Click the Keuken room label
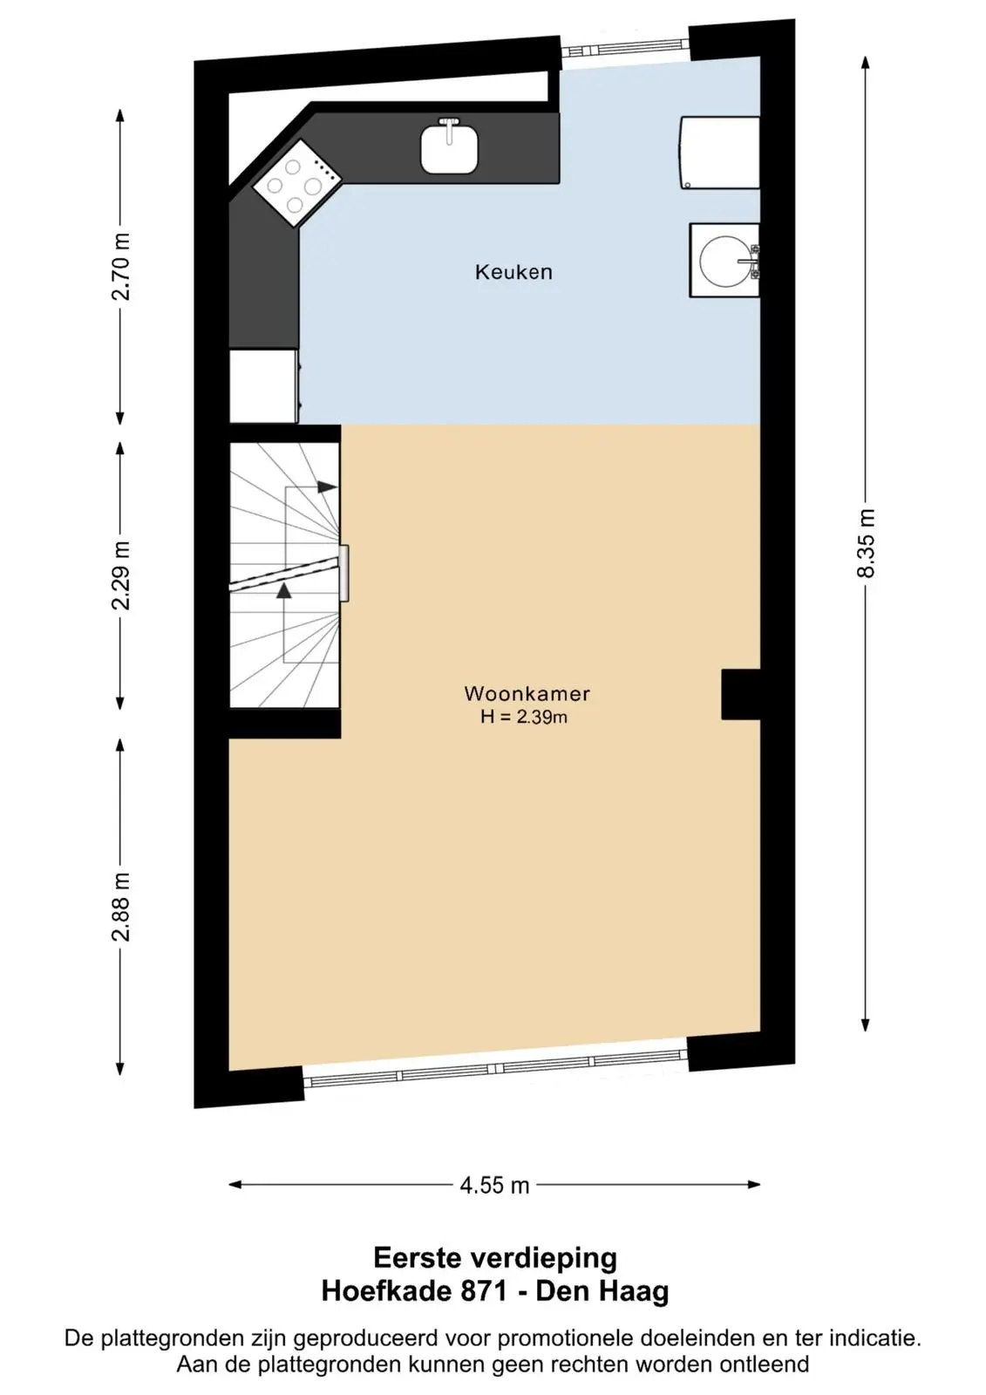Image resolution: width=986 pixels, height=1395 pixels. [x=513, y=272]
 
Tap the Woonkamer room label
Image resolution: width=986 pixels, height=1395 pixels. [x=527, y=693]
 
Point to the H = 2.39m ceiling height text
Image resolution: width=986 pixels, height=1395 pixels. [x=524, y=717]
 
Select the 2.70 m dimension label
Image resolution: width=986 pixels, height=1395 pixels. [x=121, y=267]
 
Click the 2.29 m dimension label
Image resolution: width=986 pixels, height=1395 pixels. [x=121, y=575]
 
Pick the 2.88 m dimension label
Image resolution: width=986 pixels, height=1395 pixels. [x=121, y=907]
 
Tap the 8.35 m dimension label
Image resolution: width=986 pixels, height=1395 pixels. [x=866, y=543]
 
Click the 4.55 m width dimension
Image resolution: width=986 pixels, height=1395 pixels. [x=494, y=1185]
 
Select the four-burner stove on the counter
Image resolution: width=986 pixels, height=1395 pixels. [x=297, y=183]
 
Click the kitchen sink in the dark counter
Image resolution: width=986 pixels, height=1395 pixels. [x=449, y=147]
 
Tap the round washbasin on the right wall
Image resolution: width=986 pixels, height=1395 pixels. [x=724, y=261]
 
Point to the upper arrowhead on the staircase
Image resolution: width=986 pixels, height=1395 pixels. [x=327, y=487]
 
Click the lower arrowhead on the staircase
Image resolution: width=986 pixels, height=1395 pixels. [x=284, y=590]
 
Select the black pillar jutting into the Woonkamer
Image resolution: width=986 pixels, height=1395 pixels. [x=741, y=694]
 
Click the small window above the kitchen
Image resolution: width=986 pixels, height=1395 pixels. [x=625, y=48]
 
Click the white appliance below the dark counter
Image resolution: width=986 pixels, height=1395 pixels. [x=264, y=386]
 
